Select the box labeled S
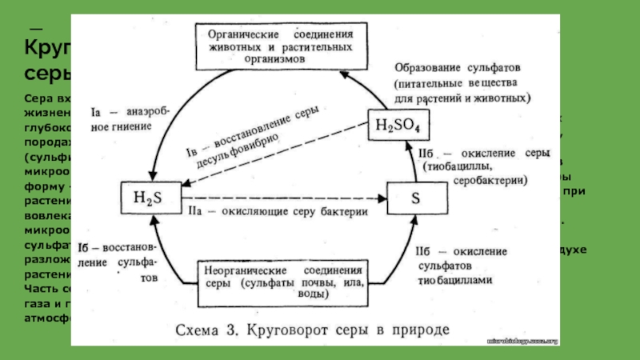(x=415, y=198)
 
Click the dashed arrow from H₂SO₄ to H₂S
(x=272, y=162)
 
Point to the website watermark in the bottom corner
(x=523, y=341)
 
